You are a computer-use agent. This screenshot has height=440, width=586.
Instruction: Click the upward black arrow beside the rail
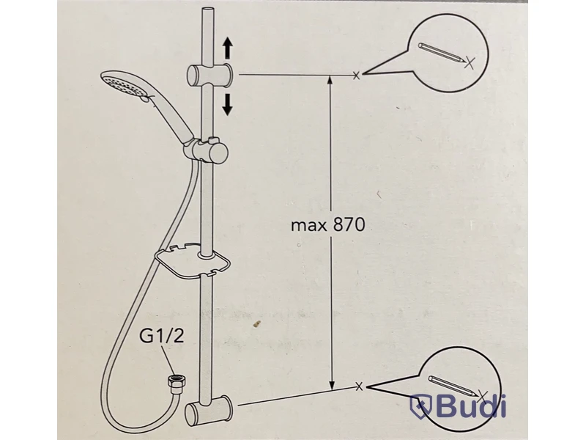(228, 48)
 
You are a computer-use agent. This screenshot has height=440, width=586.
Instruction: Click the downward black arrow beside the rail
(227, 105)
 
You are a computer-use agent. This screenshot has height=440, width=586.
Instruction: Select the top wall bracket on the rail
(209, 75)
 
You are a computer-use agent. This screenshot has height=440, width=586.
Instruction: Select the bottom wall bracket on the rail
(209, 408)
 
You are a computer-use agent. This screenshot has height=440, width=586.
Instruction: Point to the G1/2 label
(162, 336)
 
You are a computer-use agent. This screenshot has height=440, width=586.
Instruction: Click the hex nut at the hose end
(173, 383)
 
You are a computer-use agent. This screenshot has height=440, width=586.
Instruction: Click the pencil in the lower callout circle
(453, 386)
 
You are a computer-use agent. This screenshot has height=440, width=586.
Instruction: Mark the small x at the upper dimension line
(356, 76)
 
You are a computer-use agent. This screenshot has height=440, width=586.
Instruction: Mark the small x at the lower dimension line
(359, 386)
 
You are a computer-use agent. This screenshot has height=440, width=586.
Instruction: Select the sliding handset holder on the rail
(206, 150)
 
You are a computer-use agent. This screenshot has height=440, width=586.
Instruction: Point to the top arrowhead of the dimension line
(330, 80)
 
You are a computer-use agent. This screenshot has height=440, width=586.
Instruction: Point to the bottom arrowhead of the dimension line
(331, 385)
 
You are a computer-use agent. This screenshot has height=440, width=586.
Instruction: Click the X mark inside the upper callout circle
(470, 63)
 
